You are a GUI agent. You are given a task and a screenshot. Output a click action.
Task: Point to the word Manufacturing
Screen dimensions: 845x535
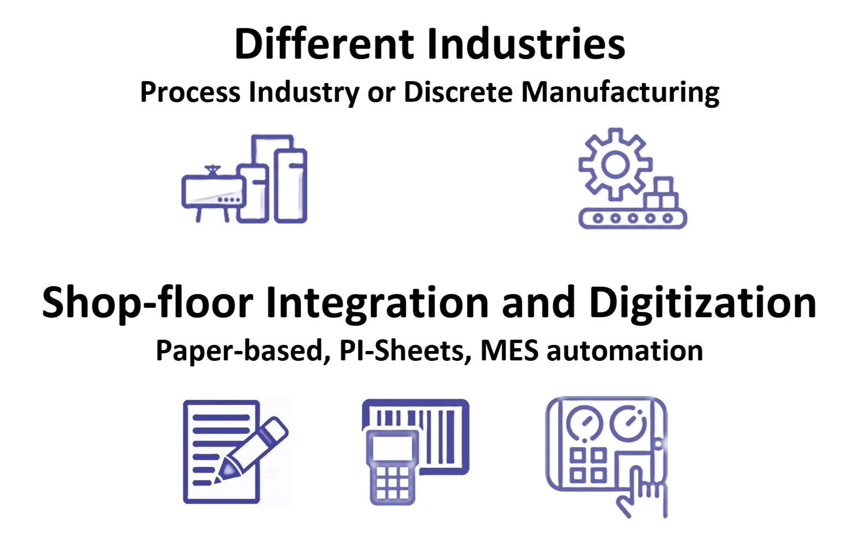tap(620, 92)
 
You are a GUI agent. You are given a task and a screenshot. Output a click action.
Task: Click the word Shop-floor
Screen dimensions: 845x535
tap(147, 304)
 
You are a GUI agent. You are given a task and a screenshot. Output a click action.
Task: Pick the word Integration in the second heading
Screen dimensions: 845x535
tap(378, 304)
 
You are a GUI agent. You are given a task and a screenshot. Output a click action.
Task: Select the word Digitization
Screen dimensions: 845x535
tap(703, 304)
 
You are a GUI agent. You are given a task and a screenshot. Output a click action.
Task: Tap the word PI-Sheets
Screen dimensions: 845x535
tap(402, 351)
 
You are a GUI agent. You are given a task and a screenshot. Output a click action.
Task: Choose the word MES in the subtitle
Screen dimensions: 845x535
tap(509, 351)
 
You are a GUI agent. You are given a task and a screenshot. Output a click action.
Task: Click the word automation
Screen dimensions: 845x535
tap(625, 351)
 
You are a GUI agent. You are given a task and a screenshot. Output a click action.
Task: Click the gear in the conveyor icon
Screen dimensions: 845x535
tap(615, 164)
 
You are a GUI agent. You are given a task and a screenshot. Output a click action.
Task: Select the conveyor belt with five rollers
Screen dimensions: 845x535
tap(632, 218)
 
